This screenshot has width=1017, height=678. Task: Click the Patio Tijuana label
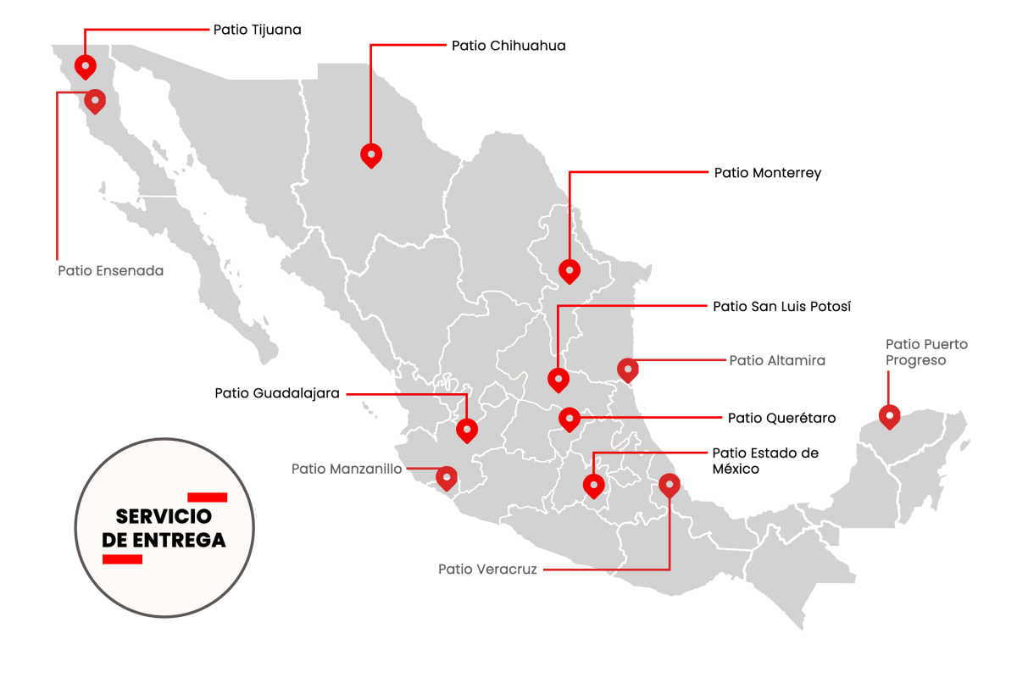tap(257, 30)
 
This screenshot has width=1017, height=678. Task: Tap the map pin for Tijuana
tap(85, 65)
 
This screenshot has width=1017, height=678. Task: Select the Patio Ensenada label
tap(110, 271)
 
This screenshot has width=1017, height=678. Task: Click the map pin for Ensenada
tap(95, 101)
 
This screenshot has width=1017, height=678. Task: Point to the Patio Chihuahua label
tap(508, 46)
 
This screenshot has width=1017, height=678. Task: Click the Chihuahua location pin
tap(371, 154)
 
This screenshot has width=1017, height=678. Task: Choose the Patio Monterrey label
tap(767, 173)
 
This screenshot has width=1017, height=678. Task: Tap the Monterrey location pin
tap(570, 270)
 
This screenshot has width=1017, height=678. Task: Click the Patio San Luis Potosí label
tap(781, 306)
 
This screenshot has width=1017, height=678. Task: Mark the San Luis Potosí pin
tap(558, 379)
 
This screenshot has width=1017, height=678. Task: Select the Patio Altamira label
tap(777, 360)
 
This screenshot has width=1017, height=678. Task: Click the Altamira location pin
tap(627, 369)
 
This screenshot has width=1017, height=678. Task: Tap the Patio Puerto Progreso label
tap(925, 353)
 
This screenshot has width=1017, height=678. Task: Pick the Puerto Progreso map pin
tap(889, 415)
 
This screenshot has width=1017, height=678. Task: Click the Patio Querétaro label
tap(781, 418)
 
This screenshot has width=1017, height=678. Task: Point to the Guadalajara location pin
tap(467, 430)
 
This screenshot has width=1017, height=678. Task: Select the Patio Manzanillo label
tap(347, 469)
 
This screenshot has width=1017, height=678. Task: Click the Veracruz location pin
tap(670, 485)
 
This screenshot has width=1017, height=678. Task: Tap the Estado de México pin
tap(593, 485)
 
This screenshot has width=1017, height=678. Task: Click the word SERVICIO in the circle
tap(163, 516)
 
